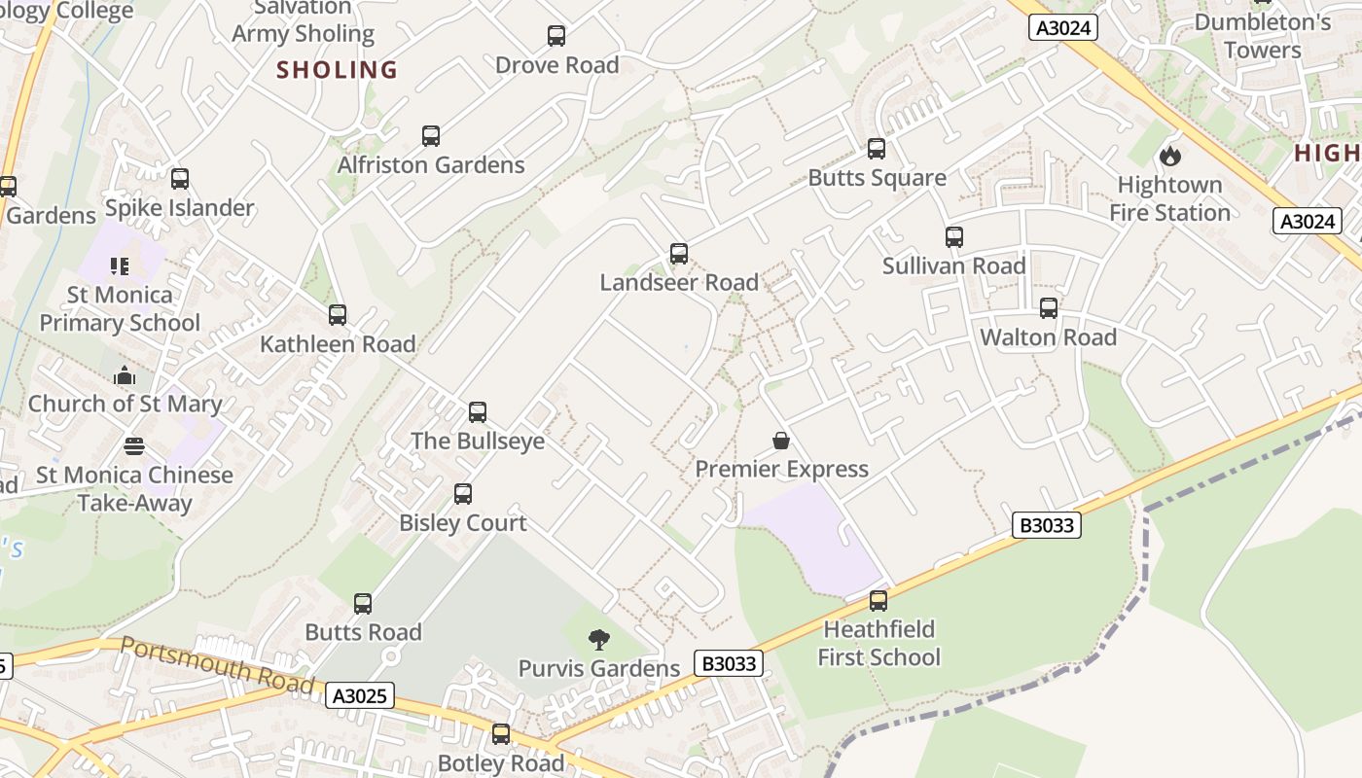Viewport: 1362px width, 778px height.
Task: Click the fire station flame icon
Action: point(1169,156)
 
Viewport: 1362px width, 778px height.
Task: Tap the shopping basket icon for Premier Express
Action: point(781,441)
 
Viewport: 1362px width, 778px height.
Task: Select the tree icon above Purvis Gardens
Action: point(599,640)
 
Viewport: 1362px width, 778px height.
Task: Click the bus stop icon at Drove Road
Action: point(556,36)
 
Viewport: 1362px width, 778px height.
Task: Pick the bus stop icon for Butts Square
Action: point(877,149)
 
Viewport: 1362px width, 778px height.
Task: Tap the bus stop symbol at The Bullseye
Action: point(478,411)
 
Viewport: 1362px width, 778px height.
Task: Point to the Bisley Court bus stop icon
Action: point(463,494)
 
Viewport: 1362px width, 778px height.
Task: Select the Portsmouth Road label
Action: point(218,665)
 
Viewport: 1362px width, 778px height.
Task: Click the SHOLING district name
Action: point(338,70)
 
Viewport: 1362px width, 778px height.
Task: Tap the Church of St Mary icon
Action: point(125,375)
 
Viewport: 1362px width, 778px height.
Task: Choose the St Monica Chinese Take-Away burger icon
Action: point(134,446)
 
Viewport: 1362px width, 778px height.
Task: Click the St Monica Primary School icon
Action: point(120,265)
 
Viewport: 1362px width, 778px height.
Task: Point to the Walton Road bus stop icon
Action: point(1049,308)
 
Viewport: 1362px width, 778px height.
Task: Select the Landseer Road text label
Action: point(679,283)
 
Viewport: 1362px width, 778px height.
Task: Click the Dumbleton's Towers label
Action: point(1263,36)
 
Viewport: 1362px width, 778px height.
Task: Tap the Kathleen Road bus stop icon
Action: point(338,315)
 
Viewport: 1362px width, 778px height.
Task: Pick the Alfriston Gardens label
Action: point(431,165)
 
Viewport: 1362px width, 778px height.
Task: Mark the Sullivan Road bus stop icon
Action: point(954,237)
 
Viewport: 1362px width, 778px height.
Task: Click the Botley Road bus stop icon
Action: point(501,734)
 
